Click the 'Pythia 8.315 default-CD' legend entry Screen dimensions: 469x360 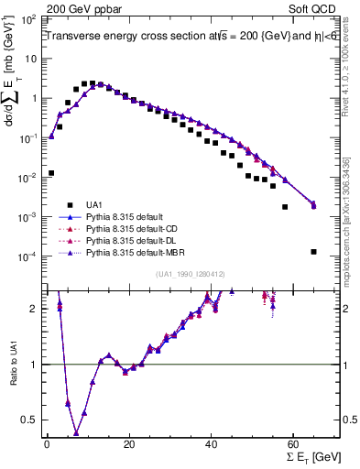pos(137,228)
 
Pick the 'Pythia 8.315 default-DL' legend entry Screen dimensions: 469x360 pos(137,240)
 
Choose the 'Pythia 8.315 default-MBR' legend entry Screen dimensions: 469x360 pos(139,252)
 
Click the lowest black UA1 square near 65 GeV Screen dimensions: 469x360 pos(313,252)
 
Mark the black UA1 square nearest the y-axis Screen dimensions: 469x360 pos(51,172)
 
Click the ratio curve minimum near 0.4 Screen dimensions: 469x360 pos(76,433)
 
